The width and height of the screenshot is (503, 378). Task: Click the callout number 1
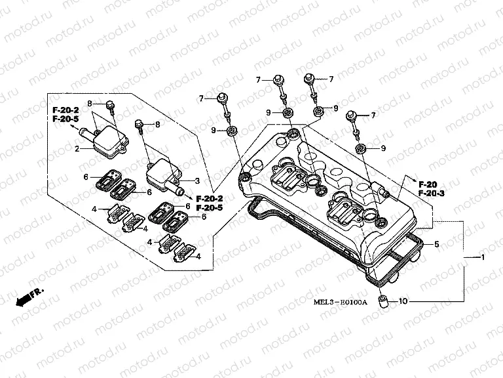(483, 257)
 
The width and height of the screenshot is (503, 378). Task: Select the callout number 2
(77, 149)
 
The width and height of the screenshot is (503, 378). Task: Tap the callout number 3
(197, 180)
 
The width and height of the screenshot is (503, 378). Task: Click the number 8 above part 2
(90, 104)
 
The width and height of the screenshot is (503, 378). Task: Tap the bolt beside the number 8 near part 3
(140, 124)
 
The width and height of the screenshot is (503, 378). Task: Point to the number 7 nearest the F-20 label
(373, 115)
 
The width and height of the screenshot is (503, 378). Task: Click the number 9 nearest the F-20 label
(382, 148)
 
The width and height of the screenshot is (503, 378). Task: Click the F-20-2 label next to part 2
(65, 110)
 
